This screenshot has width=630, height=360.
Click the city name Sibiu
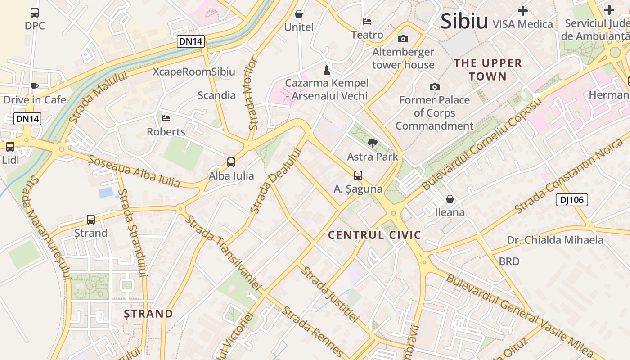464,21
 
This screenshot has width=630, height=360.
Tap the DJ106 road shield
571,200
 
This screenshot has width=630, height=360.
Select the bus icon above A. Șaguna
358,175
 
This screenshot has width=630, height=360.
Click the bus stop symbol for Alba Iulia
231,162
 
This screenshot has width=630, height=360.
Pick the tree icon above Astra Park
372,144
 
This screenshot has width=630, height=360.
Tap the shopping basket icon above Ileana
450,199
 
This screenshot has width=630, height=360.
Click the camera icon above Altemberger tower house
403,39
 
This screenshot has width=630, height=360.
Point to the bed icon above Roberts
166,119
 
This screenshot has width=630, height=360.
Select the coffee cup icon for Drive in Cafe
35,87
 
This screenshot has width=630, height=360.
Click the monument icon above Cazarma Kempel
327,70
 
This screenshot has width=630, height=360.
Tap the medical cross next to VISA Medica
522,11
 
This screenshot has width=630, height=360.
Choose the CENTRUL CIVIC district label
374,235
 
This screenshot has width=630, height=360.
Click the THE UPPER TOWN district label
488,70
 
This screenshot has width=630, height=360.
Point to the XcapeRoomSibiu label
193,72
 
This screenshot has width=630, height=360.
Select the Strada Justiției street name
330,294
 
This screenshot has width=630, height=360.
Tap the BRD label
509,261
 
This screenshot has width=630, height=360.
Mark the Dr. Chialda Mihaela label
555,240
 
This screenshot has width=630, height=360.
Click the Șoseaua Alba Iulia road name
134,171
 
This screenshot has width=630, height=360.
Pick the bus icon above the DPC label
35,13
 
